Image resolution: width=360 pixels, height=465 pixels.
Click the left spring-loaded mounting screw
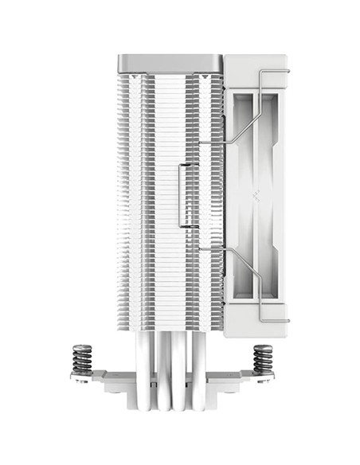point(82,358)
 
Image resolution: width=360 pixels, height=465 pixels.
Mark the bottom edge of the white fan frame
point(256,334)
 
